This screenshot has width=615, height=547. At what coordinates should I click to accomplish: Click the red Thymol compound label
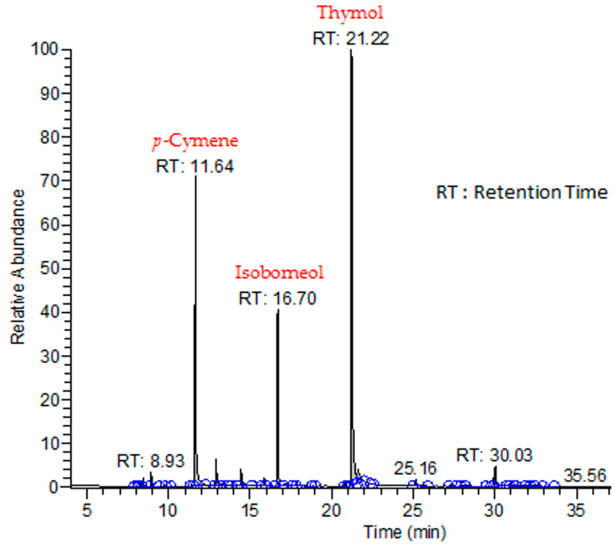[350, 13]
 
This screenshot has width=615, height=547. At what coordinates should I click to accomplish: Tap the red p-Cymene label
[195, 141]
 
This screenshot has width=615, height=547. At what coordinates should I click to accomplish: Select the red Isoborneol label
[279, 273]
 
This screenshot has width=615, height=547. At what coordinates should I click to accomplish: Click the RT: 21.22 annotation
[351, 39]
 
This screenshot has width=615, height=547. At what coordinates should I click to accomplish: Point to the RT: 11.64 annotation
[195, 166]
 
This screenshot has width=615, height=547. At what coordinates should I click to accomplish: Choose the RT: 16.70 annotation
[277, 298]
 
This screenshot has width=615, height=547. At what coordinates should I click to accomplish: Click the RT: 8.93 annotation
[150, 461]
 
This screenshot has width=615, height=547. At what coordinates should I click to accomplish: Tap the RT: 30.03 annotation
[494, 455]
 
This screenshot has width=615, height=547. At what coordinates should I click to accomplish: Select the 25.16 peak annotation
[415, 468]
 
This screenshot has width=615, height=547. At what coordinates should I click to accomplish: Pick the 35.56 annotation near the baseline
[585, 476]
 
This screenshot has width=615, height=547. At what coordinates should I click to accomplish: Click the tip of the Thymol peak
[351, 50]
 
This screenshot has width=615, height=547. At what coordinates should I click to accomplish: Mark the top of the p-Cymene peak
[196, 176]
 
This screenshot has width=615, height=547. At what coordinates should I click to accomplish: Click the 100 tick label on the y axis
[44, 50]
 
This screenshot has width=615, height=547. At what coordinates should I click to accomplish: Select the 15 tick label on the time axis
[249, 510]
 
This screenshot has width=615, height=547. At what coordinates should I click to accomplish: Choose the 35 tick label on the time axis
[576, 510]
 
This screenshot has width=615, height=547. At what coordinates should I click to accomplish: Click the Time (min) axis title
[404, 532]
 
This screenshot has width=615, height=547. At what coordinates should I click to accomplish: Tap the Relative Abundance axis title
[18, 267]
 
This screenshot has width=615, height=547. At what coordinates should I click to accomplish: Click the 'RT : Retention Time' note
[522, 193]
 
